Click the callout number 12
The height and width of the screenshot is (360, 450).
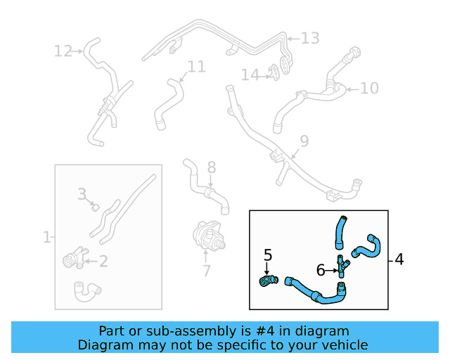pos(63,51)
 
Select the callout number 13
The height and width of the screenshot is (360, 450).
pos(310,38)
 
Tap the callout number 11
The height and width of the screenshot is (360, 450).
pos(196,67)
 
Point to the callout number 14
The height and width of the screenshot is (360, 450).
pos(250,75)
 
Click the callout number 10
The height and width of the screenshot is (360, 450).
pos(369,88)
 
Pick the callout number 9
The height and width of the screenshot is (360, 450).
pos(304,141)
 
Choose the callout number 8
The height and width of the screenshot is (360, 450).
pos(211,167)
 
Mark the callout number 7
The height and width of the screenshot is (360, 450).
pos(205,271)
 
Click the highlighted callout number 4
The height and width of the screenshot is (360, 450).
pos(399,259)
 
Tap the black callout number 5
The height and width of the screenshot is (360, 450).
pos(267,254)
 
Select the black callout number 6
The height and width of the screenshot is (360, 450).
pos(321,269)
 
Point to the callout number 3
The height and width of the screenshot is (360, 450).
pos(82,193)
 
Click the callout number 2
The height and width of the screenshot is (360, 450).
pos(103,262)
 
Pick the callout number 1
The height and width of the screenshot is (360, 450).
pos(47,237)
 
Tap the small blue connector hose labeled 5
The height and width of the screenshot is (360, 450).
pos(268,282)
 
